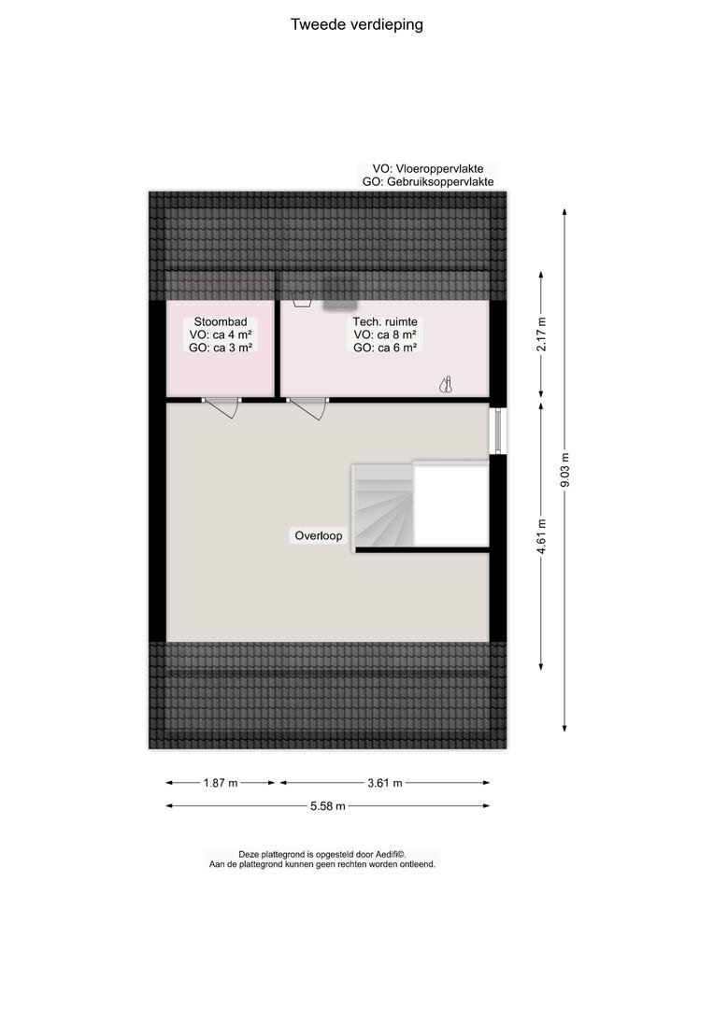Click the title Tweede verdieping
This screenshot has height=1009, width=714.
click(357, 24)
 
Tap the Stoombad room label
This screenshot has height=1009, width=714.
click(221, 321)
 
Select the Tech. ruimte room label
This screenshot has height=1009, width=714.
click(385, 321)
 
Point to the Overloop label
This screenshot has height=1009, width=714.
click(319, 535)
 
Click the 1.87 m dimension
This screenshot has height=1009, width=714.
click(221, 783)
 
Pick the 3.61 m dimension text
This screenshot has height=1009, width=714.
click(385, 783)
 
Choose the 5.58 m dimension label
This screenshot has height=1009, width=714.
click(328, 805)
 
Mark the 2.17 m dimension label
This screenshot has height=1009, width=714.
click(541, 334)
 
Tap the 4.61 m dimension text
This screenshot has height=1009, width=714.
click(541, 536)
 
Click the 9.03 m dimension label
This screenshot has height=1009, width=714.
click(564, 470)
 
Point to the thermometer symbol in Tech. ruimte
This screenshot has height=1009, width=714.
click(446, 385)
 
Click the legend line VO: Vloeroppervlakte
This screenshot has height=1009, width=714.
click(427, 168)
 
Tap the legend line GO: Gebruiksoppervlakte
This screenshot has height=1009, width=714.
click(428, 181)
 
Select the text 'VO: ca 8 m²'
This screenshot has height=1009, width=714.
click(385, 334)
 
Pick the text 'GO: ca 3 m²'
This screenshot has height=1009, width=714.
click(221, 348)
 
